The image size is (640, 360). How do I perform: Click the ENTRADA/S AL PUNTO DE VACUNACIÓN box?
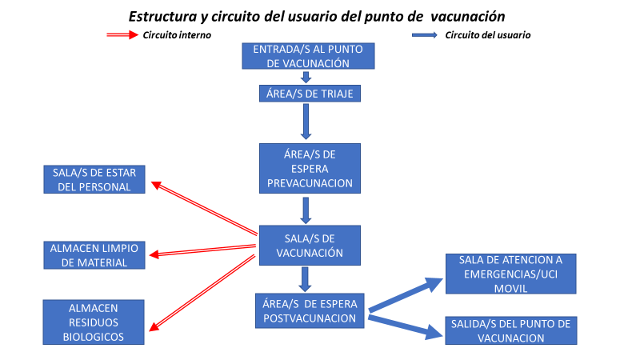[x=308, y=56]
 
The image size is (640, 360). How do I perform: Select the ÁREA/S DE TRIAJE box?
[x=308, y=94]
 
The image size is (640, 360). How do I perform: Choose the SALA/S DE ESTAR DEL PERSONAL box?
[x=94, y=180]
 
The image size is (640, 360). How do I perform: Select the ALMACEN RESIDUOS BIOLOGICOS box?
[x=94, y=322]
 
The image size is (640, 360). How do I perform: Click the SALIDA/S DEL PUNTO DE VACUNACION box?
[x=510, y=330]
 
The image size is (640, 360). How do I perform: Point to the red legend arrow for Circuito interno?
[x=122, y=35]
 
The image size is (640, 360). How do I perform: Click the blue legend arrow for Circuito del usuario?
[x=424, y=35]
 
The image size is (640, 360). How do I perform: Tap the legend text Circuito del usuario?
[x=488, y=35]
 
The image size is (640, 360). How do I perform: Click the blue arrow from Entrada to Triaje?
[x=306, y=77]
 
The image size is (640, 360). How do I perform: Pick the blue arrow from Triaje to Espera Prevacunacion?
[x=306, y=122]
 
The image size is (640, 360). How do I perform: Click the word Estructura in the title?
[x=164, y=15]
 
